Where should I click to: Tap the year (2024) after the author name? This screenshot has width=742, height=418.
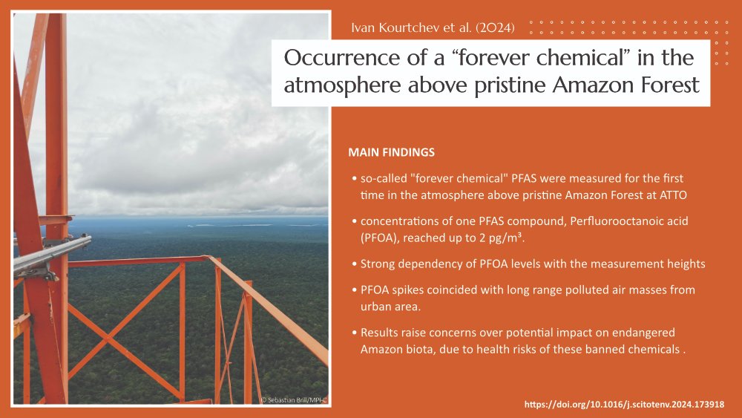click(x=495, y=27)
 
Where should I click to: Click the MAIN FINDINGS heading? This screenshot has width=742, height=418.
click(x=391, y=152)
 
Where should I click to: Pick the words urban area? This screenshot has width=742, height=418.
click(x=390, y=307)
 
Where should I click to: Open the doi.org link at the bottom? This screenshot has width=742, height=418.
click(x=624, y=405)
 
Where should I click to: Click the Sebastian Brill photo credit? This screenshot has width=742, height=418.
click(x=295, y=400)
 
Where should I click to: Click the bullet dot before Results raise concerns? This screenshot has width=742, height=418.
click(x=355, y=333)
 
